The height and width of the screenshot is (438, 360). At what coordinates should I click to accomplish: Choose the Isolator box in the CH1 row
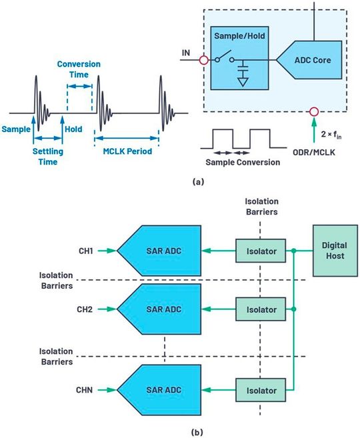[261, 251]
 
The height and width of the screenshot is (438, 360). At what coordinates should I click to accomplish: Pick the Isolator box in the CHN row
[261, 391]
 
